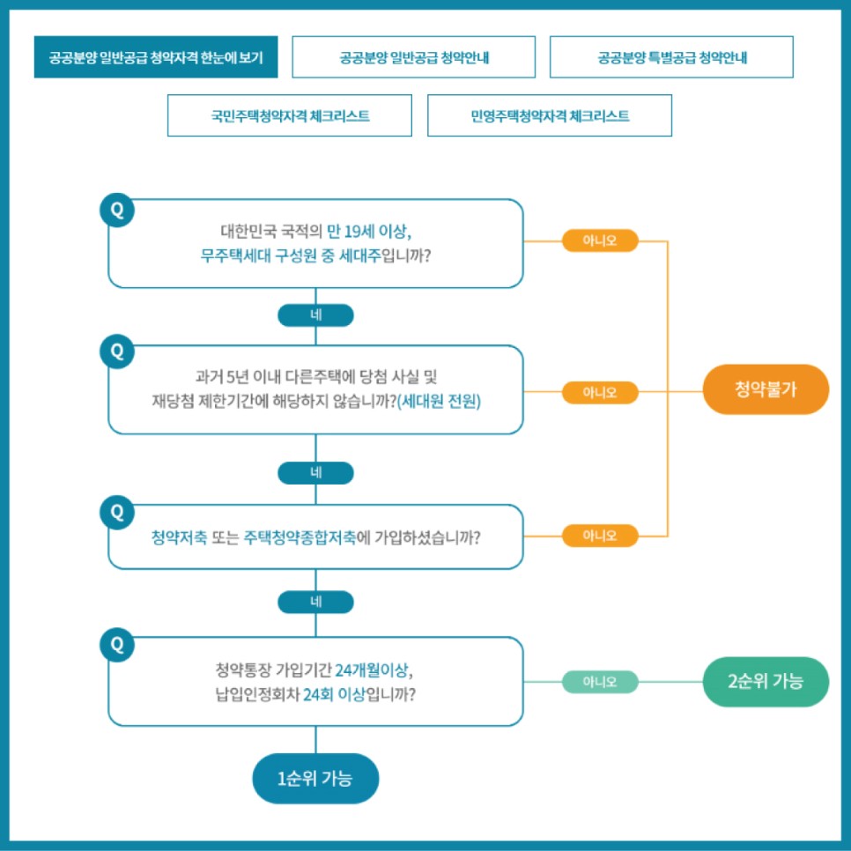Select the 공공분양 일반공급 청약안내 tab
tap(413, 57)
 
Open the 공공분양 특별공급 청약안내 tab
tap(671, 57)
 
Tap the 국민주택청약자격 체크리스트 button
tap(289, 115)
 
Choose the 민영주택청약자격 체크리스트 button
tap(549, 115)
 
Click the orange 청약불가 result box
tap(766, 389)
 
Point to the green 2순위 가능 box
tap(766, 681)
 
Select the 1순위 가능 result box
tap(314, 778)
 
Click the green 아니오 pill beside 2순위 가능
tap(599, 682)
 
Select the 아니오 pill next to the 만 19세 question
tap(599, 240)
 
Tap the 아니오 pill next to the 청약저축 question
tap(599, 535)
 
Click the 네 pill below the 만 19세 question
tap(315, 314)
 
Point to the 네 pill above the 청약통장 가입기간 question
tap(315, 602)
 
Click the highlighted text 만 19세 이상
tap(369, 232)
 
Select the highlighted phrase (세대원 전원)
tap(440, 401)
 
